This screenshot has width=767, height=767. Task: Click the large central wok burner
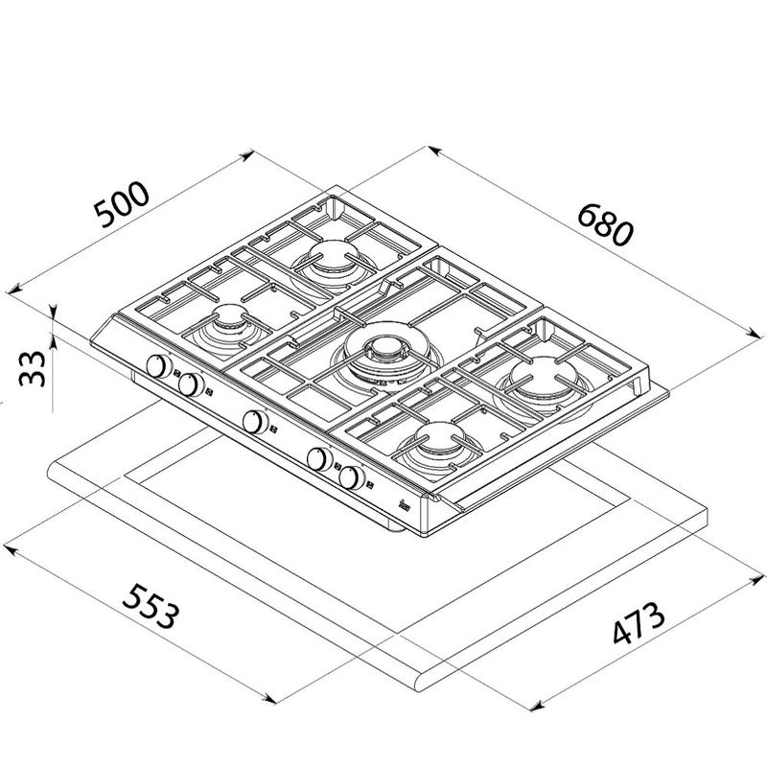(x=381, y=358)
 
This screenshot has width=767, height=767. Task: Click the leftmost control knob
(x=157, y=366)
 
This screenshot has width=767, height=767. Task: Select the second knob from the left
(x=192, y=384)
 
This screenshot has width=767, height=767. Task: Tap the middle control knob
(x=254, y=419)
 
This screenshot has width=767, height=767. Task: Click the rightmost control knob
(x=352, y=476)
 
